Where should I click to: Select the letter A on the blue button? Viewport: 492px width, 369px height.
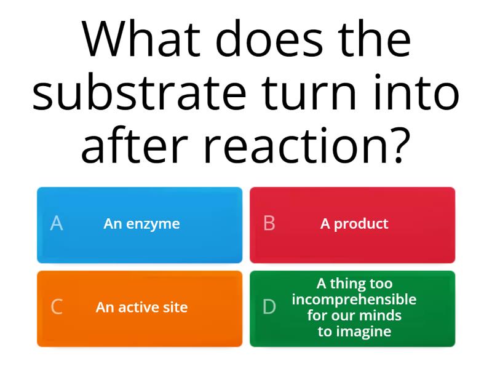point(57,223)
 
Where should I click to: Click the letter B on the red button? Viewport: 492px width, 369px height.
point(269,223)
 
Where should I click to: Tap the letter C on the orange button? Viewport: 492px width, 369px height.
point(57,307)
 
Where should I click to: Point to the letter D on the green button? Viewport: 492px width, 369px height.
point(269,307)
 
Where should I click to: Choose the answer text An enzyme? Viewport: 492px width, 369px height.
point(141,224)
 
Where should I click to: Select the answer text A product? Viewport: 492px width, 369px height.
point(354,224)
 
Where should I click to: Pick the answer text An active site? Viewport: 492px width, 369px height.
point(141,307)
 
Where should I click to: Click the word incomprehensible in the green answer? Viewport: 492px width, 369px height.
point(354,300)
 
